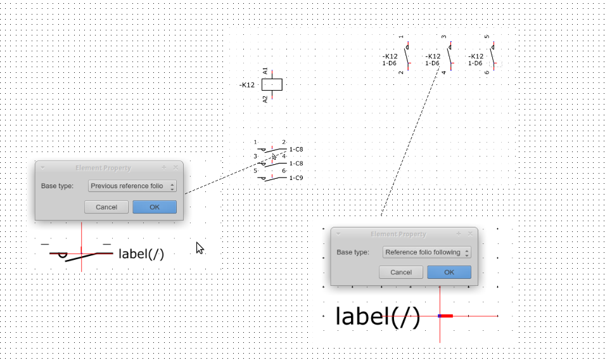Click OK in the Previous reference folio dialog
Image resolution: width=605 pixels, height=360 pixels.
point(155,207)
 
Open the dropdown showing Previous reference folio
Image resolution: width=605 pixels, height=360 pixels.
point(132,186)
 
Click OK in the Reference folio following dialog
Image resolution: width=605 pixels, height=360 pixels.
point(449,273)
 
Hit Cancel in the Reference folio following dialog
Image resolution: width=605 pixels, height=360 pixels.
point(401,273)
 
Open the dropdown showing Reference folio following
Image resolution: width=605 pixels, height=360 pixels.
point(427,252)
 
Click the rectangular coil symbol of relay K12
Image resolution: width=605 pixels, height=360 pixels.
point(272,85)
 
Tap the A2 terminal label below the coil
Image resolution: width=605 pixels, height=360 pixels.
point(265,99)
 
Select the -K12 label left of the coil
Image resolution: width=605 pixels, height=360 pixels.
point(247,85)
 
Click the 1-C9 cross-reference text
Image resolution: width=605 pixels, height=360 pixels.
point(296,178)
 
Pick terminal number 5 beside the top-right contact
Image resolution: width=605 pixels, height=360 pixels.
point(487,37)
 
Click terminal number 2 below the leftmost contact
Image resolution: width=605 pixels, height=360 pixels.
point(401,72)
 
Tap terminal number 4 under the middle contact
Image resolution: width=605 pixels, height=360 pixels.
point(444,72)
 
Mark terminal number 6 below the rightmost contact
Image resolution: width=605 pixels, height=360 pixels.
point(487,72)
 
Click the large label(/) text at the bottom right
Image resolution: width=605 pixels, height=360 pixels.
point(378,316)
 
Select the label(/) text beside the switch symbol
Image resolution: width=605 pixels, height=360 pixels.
point(141,254)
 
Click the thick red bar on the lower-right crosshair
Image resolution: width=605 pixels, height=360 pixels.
point(446,316)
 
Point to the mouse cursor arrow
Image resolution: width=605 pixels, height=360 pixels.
point(199,247)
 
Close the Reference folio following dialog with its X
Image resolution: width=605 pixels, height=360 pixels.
point(470,234)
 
